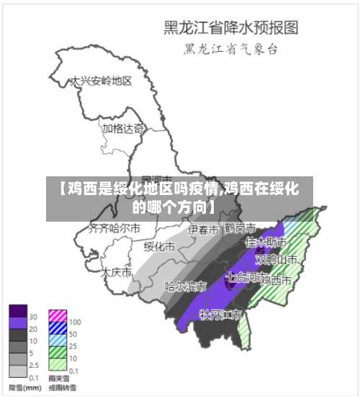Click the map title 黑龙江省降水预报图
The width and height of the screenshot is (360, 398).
230,28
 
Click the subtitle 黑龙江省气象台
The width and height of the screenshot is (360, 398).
230,50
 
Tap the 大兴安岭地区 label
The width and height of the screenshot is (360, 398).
100,81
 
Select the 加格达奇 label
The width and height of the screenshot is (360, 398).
122,129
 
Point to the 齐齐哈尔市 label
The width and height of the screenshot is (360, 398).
114,229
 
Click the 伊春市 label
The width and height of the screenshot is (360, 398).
203,230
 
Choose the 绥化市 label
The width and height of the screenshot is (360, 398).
159,246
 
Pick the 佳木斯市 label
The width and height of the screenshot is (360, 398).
261,243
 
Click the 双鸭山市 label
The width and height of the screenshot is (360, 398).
279,258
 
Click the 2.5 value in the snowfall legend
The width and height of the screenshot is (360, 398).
34,366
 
